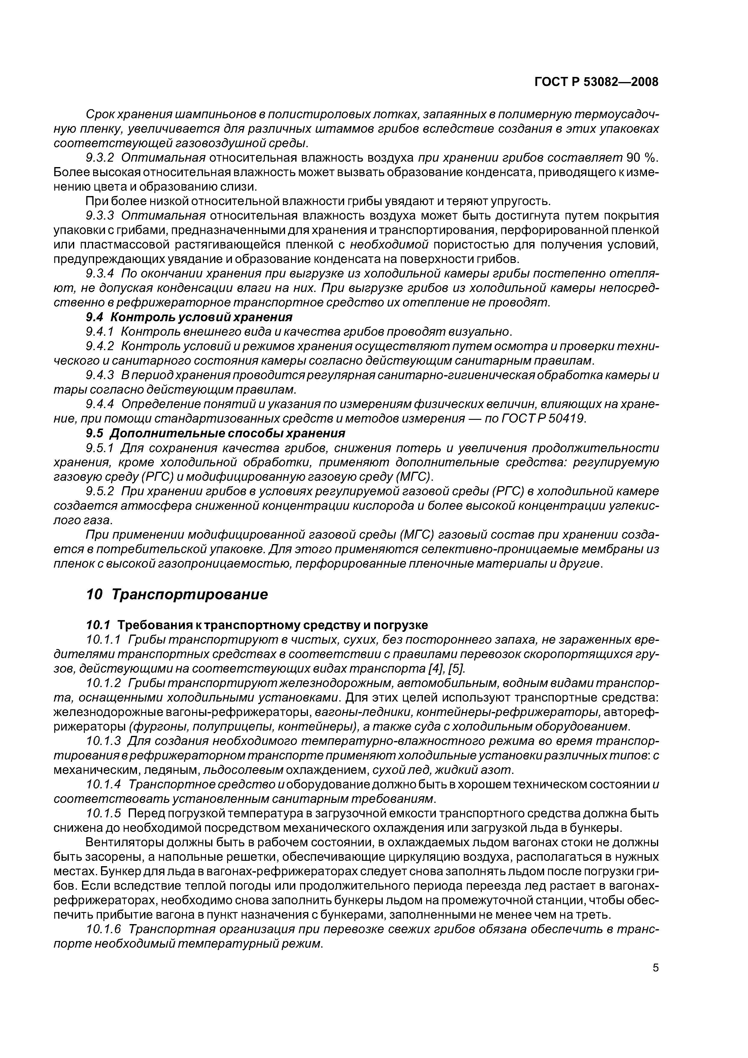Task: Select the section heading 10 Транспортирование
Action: (x=177, y=594)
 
